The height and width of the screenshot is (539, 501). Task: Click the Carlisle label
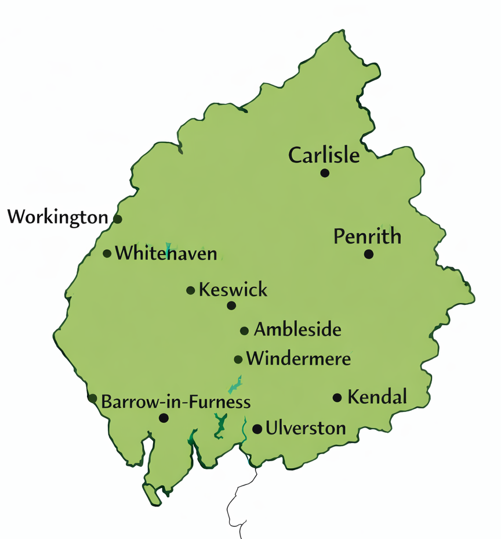(x=324, y=155)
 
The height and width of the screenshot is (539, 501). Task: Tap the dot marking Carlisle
(x=325, y=173)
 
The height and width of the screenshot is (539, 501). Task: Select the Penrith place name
(x=368, y=236)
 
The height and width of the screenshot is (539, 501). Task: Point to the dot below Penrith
(x=368, y=254)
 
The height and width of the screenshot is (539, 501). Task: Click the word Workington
(x=58, y=217)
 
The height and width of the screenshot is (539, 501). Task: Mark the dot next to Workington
(x=118, y=219)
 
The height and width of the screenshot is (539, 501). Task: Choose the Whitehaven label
(x=166, y=253)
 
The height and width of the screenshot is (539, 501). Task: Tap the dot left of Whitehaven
(x=107, y=253)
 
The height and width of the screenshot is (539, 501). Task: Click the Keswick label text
(x=233, y=289)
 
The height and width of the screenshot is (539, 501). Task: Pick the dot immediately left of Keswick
(x=190, y=290)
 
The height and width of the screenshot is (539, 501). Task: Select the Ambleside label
(x=297, y=330)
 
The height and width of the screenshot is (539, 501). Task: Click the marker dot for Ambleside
(x=244, y=330)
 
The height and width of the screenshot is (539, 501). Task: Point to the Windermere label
(x=299, y=358)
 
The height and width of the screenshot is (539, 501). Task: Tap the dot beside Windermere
(x=238, y=360)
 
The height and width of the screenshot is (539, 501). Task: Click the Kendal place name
(x=377, y=397)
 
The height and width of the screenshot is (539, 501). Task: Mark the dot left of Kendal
(x=337, y=397)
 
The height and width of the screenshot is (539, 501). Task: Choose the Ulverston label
(x=306, y=429)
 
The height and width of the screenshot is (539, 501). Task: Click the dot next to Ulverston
(x=257, y=429)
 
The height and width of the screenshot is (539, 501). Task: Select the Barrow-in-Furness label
(x=176, y=402)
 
